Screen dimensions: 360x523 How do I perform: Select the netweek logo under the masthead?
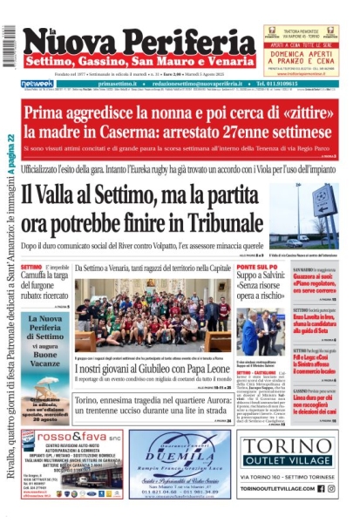click(x=36, y=84)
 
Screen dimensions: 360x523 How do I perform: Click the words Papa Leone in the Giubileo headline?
click(x=194, y=369)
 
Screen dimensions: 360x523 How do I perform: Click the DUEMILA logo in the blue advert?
click(x=180, y=453)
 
